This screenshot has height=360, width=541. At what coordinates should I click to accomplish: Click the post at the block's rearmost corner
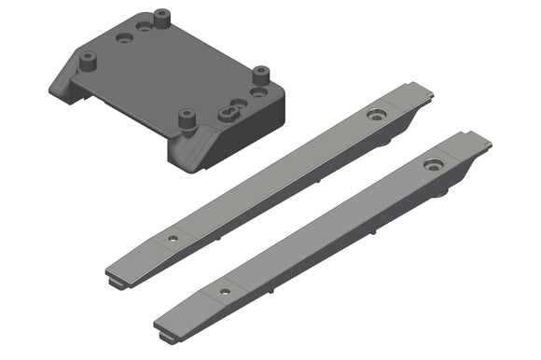point(162,17)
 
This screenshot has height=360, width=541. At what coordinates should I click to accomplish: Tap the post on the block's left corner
point(89,62)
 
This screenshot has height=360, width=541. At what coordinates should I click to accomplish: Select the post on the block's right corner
point(260,74)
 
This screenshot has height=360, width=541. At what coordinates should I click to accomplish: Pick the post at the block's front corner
point(186,119)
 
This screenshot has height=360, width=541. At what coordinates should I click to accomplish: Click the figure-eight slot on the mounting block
point(229,113)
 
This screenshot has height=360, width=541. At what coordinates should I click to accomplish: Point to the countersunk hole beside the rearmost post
point(144,26)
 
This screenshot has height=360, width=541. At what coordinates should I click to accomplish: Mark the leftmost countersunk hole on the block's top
point(124,39)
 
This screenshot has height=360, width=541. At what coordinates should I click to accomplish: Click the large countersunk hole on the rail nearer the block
point(377,116)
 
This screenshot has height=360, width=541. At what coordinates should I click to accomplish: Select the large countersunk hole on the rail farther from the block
point(433,165)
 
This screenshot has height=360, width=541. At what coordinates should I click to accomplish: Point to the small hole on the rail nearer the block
point(173,239)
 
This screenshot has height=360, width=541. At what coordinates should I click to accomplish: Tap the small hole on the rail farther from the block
point(225,292)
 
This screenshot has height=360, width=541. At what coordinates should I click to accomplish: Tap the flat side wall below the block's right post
point(257,120)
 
